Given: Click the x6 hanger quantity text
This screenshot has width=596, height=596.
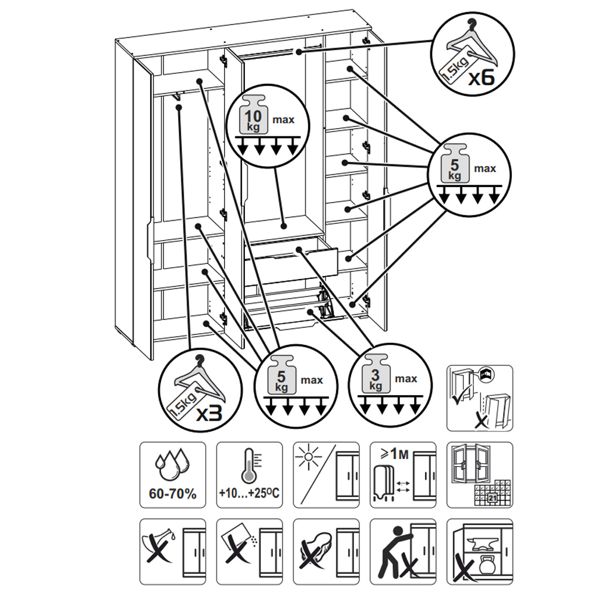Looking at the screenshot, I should click(x=482, y=78).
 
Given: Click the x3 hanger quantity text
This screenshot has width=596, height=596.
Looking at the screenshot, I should click(x=209, y=412).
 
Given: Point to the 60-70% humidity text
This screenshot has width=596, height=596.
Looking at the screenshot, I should click(x=172, y=495).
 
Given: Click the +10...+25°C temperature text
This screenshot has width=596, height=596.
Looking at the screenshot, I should click(x=249, y=495).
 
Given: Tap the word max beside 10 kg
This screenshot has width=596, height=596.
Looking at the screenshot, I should click(x=284, y=120).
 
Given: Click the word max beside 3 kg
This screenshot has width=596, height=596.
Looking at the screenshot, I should click(x=406, y=379).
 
